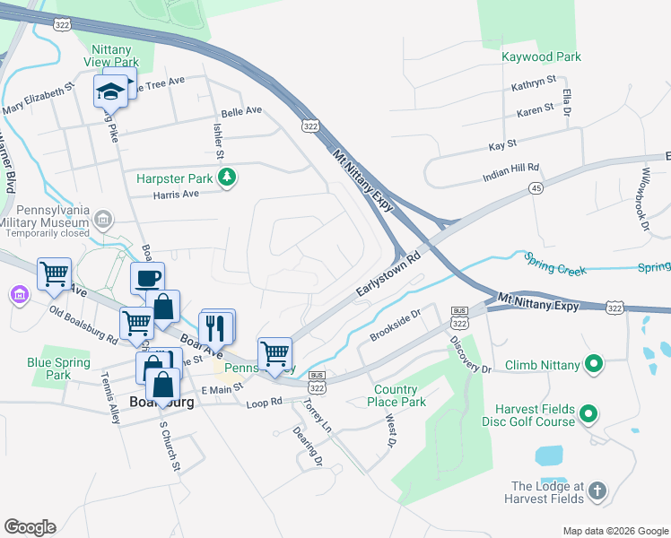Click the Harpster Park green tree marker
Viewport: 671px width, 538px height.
point(229,178)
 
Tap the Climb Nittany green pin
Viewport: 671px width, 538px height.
point(592,364)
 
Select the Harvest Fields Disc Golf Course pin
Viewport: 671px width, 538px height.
point(588,413)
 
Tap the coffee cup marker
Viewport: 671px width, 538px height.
point(147,277)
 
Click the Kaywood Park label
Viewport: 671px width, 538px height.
point(541,56)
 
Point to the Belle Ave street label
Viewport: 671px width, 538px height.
point(241,111)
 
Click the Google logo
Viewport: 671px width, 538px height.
point(30,527)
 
